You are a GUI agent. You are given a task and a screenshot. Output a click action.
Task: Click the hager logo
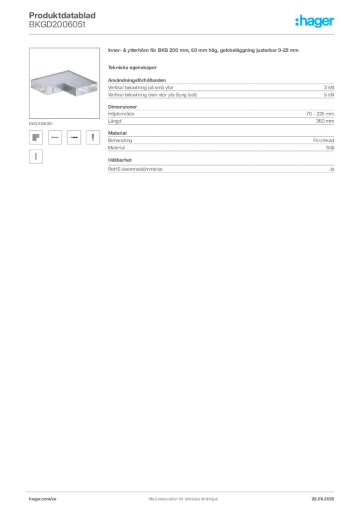[315, 21]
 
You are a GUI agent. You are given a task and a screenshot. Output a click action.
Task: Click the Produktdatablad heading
[62, 15]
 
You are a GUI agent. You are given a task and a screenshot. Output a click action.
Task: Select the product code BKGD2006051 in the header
[57, 25]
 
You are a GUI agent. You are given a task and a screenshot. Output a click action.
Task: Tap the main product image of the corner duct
[64, 83]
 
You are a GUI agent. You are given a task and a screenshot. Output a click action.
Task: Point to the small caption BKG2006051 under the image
[41, 124]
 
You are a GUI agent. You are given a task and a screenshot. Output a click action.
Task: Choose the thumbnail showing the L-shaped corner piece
[36, 137]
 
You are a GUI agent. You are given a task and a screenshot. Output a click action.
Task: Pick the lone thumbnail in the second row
[36, 157]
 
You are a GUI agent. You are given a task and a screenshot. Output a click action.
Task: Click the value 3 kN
[329, 87]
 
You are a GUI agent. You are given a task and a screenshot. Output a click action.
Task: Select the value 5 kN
[329, 95]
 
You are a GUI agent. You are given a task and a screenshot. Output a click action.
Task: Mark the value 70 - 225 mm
[320, 114]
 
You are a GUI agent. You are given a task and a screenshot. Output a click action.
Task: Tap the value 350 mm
[325, 121]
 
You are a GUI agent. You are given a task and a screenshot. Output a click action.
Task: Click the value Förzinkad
[324, 140]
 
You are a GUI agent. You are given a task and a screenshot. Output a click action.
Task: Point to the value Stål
[330, 147]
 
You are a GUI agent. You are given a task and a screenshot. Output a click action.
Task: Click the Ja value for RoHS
[332, 169]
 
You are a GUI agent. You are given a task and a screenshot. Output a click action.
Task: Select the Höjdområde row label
[121, 114]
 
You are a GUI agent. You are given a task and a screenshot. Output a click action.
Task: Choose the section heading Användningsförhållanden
[137, 80]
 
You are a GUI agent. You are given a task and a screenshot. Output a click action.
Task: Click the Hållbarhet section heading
[120, 160]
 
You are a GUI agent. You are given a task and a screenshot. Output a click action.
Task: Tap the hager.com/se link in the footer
[43, 499]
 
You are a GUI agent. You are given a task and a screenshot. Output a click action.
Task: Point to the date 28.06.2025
[323, 499]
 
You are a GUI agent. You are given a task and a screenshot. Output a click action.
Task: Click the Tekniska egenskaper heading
[132, 68]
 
